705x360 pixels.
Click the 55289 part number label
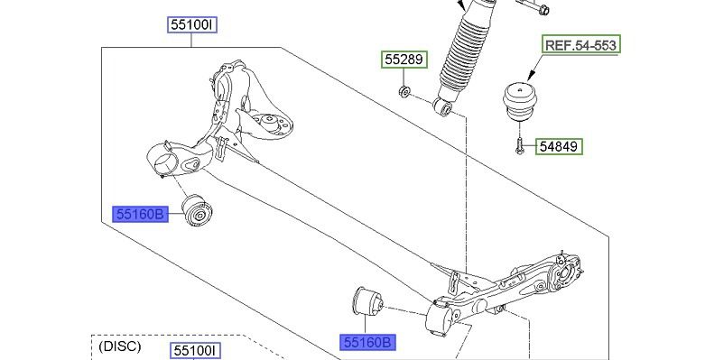[x=404, y=60]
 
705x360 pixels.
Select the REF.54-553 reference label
[x=581, y=44]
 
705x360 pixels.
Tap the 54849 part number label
[x=560, y=146]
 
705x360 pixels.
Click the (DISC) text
[x=119, y=346]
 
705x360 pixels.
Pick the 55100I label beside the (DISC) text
[x=195, y=351]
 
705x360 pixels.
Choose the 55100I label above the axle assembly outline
[x=192, y=24]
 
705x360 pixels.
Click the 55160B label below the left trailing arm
[x=141, y=215]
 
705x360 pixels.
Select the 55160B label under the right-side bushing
[x=367, y=343]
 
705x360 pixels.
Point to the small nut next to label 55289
[x=404, y=91]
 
